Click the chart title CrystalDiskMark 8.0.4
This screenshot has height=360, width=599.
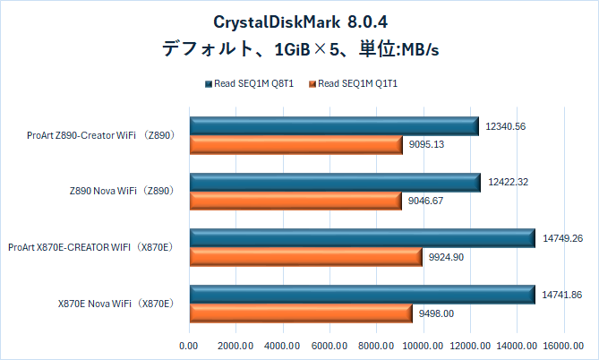click(x=298, y=20)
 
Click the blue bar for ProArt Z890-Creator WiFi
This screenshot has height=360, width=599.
click(x=333, y=126)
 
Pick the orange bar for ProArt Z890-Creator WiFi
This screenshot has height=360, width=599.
click(x=295, y=145)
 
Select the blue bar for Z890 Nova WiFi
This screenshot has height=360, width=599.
click(x=334, y=182)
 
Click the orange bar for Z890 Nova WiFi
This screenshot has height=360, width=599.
click(x=295, y=201)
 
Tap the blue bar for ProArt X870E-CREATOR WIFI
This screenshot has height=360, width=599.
click(x=361, y=238)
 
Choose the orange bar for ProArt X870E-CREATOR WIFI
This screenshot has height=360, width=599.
click(x=305, y=257)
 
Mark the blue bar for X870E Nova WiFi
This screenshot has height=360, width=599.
click(x=361, y=294)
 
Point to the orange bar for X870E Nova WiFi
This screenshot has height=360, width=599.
click(x=300, y=313)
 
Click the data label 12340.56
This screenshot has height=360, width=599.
click(x=506, y=126)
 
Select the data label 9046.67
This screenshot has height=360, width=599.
click(x=426, y=201)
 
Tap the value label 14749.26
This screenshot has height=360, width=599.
click(x=563, y=238)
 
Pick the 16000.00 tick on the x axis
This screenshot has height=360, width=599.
click(x=563, y=345)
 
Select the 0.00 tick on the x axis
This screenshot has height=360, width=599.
click(x=189, y=345)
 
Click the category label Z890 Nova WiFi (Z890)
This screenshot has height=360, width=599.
click(x=120, y=191)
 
